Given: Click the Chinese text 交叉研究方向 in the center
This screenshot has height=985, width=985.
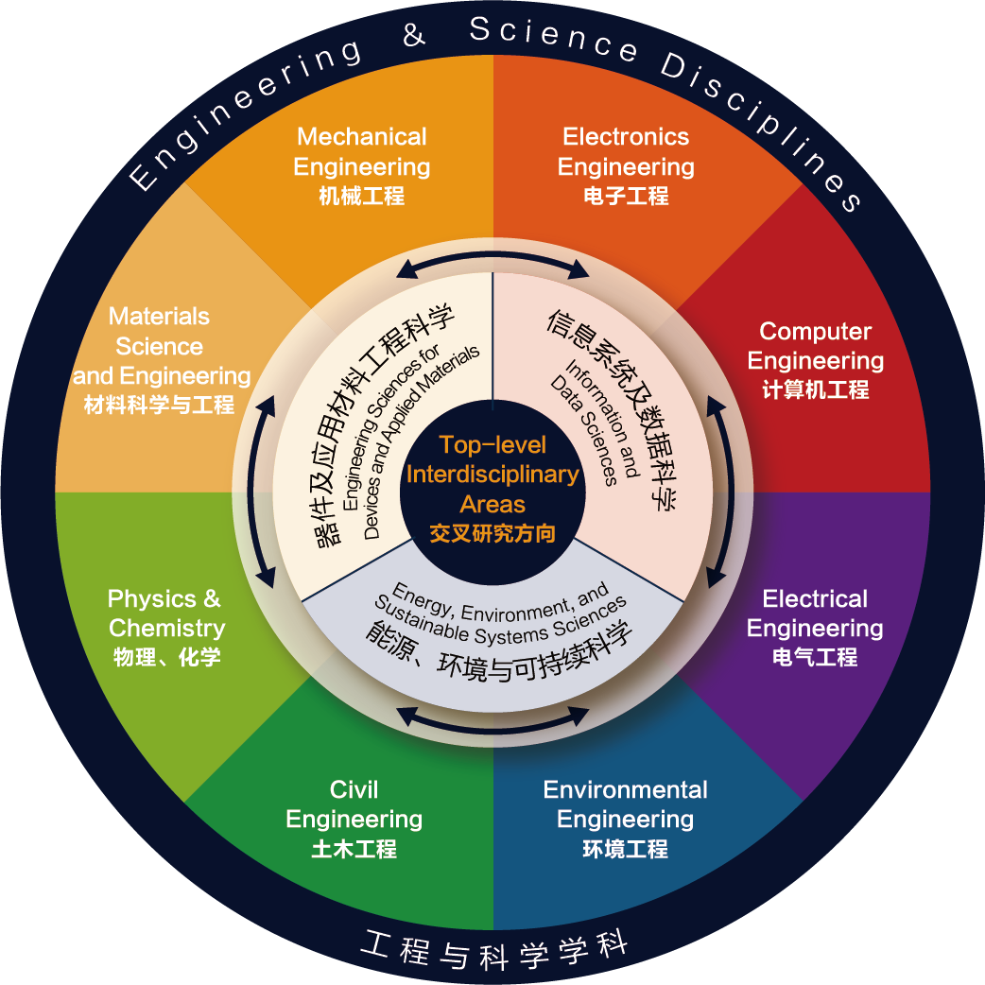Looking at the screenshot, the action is coord(492,534).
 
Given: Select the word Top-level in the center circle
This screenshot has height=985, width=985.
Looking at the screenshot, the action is coord(492,444).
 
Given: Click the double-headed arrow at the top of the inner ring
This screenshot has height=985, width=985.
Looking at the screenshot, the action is coord(492,265).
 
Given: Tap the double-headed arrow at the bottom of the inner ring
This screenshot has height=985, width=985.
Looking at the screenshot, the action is coord(492,720).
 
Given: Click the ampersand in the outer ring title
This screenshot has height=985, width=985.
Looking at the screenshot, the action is coord(414,34).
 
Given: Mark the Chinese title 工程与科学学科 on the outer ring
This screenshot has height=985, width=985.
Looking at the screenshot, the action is coord(495,951).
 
